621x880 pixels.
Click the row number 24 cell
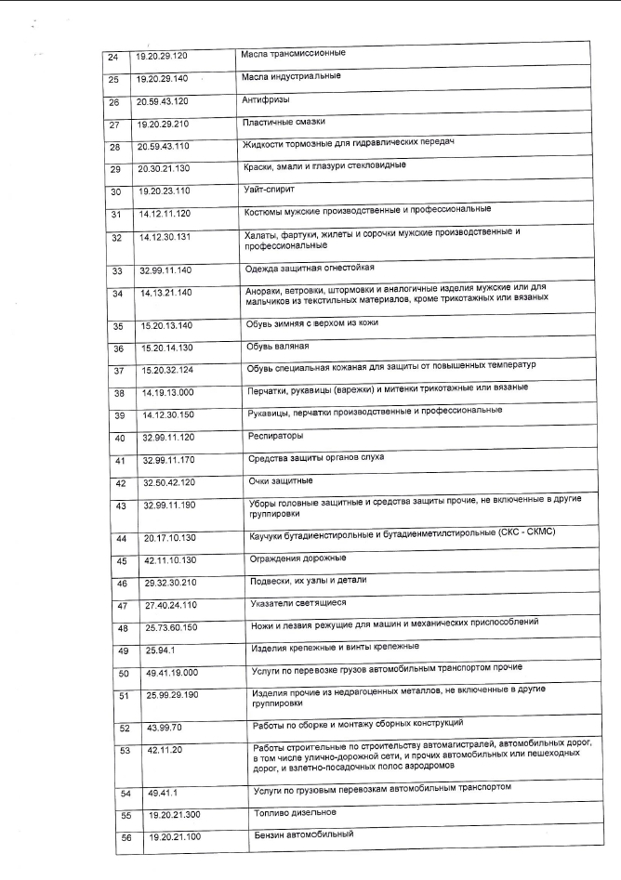tap(113, 57)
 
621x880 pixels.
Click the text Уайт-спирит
tap(268, 190)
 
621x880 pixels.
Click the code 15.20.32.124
tap(174, 370)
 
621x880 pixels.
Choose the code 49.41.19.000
tap(178, 672)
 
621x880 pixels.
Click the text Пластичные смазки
tap(278, 123)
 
